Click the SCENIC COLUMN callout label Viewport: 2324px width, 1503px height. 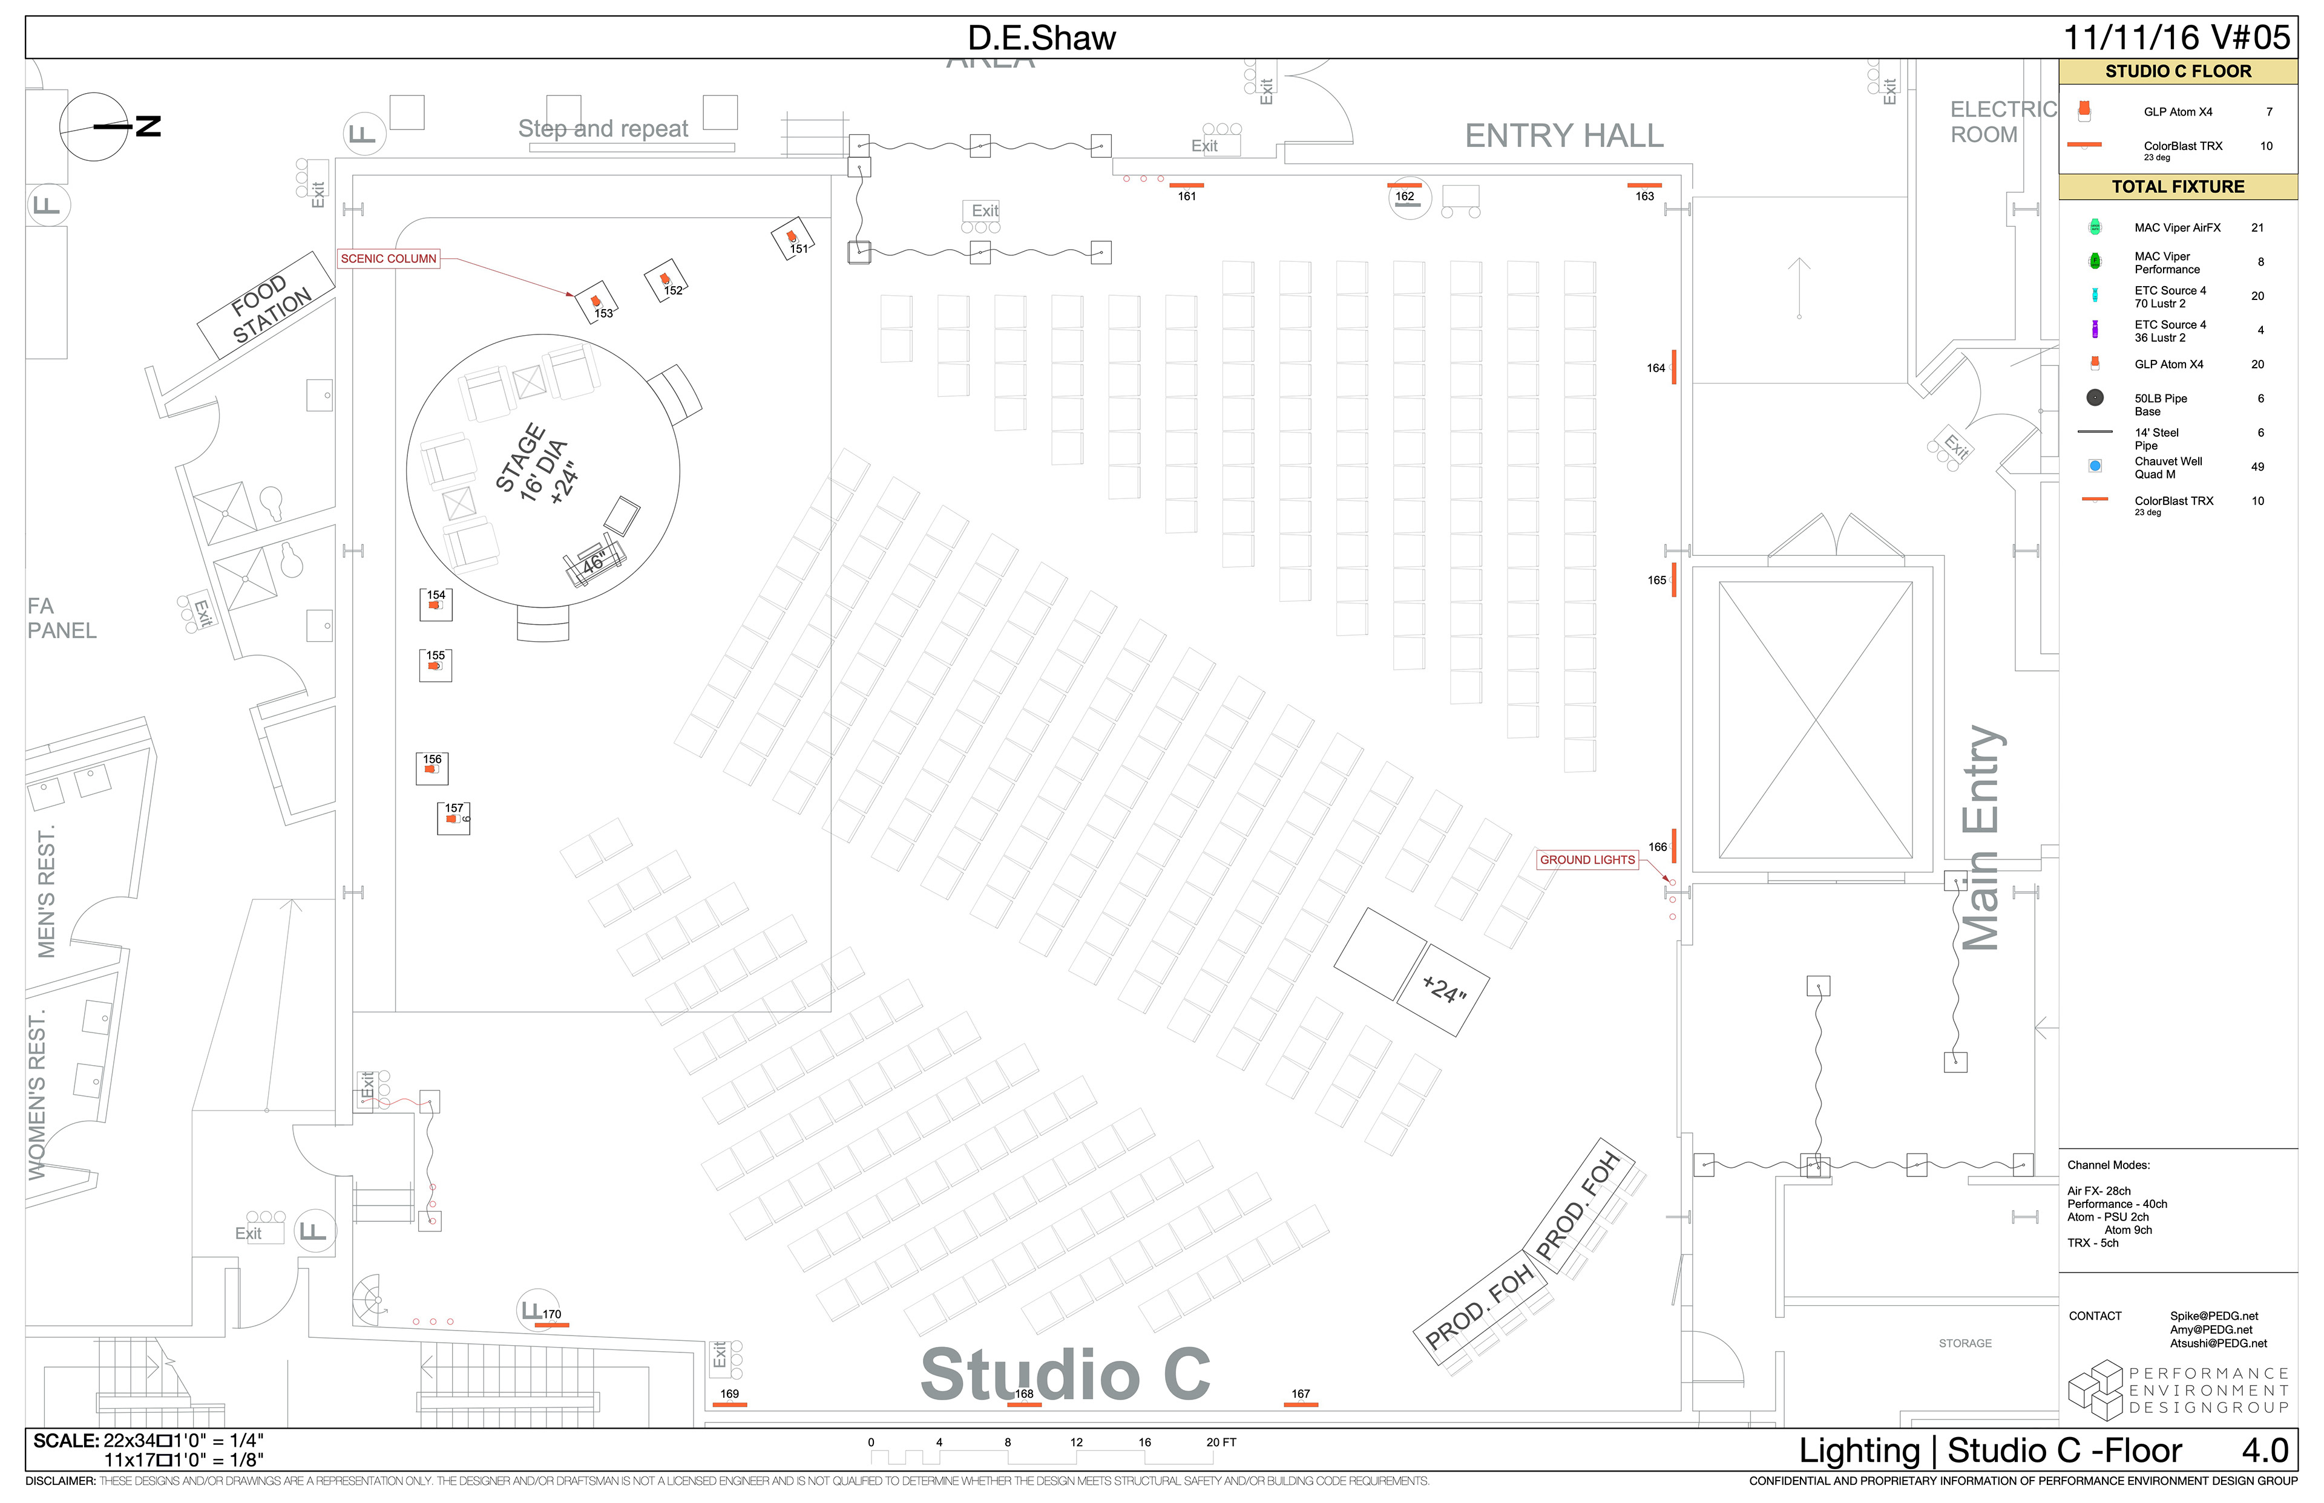388,259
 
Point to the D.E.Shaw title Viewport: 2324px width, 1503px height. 1041,38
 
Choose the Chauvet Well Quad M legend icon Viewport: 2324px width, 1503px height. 2095,466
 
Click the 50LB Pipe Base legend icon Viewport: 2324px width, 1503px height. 2095,398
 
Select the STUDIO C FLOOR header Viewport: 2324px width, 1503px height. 2178,72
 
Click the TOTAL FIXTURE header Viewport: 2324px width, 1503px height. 2178,186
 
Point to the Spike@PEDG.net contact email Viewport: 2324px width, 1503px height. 2214,1316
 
